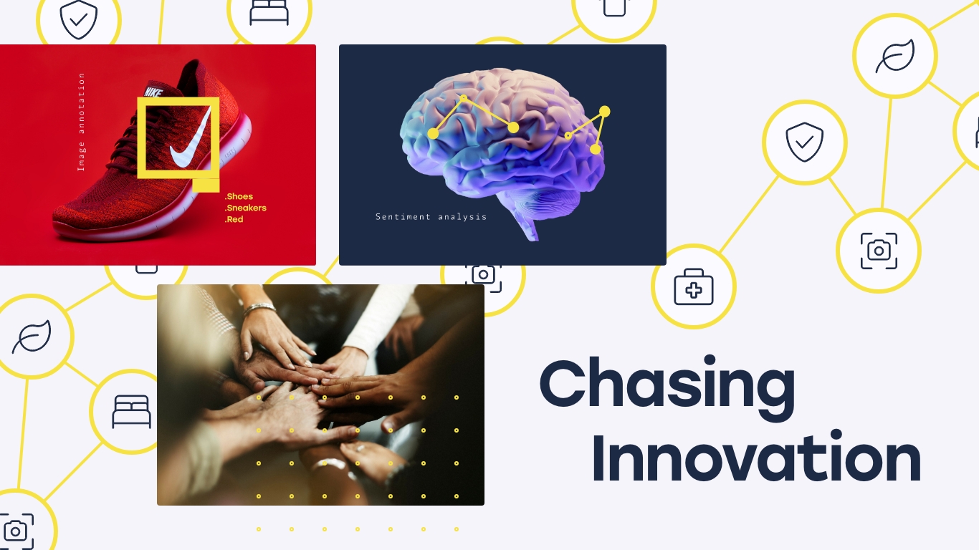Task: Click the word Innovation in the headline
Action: pos(757,455)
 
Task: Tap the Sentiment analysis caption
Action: pos(431,217)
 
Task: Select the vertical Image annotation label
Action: pos(81,122)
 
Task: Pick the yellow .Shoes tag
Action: pos(239,197)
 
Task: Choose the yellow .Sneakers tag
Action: pos(246,208)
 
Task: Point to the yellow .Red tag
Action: pos(234,219)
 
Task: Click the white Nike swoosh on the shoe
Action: pos(190,140)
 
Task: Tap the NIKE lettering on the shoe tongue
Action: pos(153,92)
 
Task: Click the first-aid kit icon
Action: pos(694,287)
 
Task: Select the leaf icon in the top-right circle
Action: pos(895,57)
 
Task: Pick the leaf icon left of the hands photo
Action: pos(32,337)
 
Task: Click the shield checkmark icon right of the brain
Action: pos(805,142)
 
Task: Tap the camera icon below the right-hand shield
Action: pos(879,251)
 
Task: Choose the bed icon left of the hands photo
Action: pos(131,412)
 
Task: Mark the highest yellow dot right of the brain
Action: pos(604,112)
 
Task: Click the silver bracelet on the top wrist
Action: pos(259,309)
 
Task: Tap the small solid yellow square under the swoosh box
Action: pos(206,185)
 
